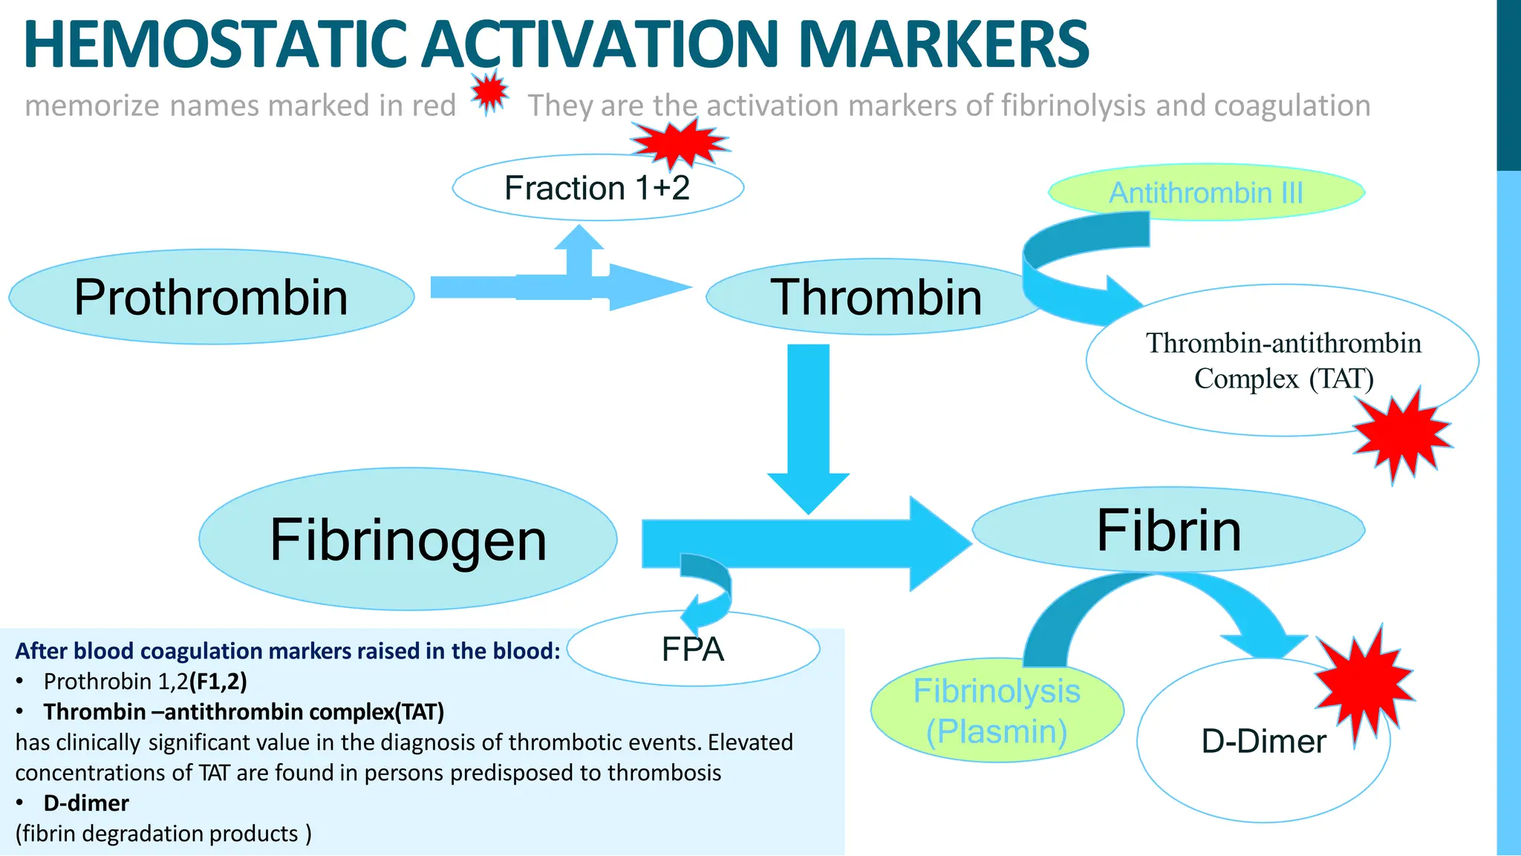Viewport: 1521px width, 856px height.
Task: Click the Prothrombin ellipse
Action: [x=212, y=297]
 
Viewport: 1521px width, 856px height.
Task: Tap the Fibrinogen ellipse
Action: [x=408, y=540]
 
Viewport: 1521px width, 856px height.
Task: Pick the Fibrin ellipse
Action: [x=1168, y=530]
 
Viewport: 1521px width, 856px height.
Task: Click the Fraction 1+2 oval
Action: [x=598, y=188]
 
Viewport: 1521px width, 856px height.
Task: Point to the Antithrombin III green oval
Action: [x=1206, y=193]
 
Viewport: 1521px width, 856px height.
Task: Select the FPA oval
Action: [x=693, y=650]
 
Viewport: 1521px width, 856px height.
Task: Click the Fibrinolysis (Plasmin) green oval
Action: [x=997, y=710]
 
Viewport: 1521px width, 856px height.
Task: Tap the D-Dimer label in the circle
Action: [x=1263, y=741]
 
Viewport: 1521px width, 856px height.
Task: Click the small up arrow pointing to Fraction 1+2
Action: [x=579, y=252]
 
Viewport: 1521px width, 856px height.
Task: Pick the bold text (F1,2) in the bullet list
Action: [x=218, y=681]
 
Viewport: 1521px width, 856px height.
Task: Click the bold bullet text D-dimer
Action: [x=86, y=803]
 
